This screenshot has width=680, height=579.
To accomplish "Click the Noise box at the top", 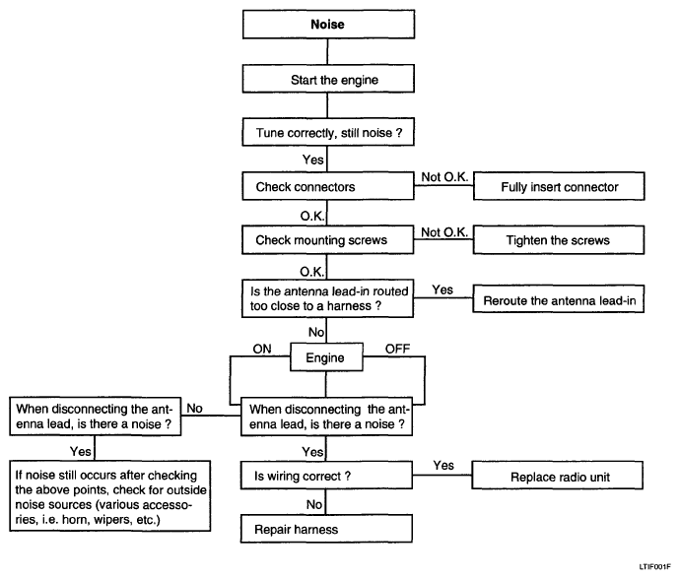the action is [328, 25].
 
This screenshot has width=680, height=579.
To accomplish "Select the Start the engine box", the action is [328, 79].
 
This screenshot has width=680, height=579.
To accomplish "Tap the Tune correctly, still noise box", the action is [328, 132].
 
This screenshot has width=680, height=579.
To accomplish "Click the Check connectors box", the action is [328, 186].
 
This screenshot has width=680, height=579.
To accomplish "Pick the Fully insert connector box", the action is [559, 186].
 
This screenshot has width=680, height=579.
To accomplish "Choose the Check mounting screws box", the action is [328, 239].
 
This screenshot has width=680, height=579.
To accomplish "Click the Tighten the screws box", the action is [559, 239].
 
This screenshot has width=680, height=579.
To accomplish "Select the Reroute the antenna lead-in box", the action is [558, 299].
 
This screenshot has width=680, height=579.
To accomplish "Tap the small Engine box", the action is [326, 357].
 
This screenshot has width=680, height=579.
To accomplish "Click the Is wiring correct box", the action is [326, 476].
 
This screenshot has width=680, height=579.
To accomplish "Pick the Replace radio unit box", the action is [557, 476].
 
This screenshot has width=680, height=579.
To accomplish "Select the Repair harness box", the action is [326, 529].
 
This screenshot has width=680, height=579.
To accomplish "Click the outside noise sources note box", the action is [110, 496].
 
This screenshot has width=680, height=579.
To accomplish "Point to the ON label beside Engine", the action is [262, 349].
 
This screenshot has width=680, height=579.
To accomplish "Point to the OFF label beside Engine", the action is [397, 349].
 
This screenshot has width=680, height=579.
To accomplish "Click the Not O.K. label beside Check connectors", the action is [444, 177].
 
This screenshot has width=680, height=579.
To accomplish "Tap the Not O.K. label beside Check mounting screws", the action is [444, 232].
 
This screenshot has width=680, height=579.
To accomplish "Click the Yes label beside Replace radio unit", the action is [443, 465].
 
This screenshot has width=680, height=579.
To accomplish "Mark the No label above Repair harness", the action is [314, 504].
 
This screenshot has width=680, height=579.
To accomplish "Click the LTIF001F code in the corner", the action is [654, 567].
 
